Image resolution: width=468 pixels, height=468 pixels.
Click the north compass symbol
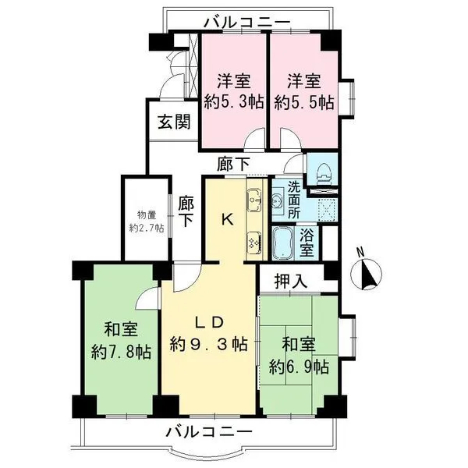(x=367, y=272)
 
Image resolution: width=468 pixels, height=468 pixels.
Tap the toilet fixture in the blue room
(x=323, y=171)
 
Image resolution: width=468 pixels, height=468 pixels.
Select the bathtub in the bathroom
(x=282, y=243)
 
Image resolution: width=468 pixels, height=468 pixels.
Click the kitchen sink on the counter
(x=253, y=200)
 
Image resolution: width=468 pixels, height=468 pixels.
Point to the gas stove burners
(x=254, y=241)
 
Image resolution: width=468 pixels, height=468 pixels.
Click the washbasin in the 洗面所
(x=278, y=200)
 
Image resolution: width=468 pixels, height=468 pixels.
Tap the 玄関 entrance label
(x=174, y=122)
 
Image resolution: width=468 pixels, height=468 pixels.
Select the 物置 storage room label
(x=147, y=214)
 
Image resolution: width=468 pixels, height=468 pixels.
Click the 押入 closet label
(x=291, y=281)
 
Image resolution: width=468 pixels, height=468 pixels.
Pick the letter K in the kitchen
(x=227, y=221)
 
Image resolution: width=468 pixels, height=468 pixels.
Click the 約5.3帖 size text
(x=234, y=102)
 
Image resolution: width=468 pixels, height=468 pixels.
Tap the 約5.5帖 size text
(x=304, y=102)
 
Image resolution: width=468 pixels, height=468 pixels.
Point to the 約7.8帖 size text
(x=121, y=353)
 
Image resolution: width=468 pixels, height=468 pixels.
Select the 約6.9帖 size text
(x=299, y=367)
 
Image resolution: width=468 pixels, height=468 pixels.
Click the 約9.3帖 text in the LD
(x=208, y=344)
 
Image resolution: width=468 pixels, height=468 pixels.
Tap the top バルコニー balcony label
(x=247, y=23)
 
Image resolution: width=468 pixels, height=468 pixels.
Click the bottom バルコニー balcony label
(x=209, y=432)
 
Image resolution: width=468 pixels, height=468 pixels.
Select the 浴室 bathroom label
(x=307, y=243)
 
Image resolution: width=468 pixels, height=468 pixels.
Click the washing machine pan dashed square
(x=328, y=209)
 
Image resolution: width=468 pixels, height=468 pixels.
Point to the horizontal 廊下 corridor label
(x=233, y=165)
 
